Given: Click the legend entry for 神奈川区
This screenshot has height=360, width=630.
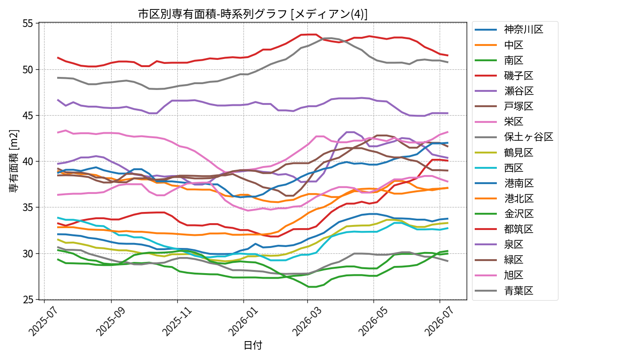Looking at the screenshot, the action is pos(509,30).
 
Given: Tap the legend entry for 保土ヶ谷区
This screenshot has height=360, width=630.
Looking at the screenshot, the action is pos(514,137).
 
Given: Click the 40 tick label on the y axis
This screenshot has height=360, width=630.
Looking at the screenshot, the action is pos(28,162).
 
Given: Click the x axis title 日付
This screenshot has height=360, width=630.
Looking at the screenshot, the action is pos(253,345).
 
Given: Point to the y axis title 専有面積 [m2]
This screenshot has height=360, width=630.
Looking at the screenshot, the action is pos(13,161).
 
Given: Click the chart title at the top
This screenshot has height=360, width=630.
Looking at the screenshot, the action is pos(253,14).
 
